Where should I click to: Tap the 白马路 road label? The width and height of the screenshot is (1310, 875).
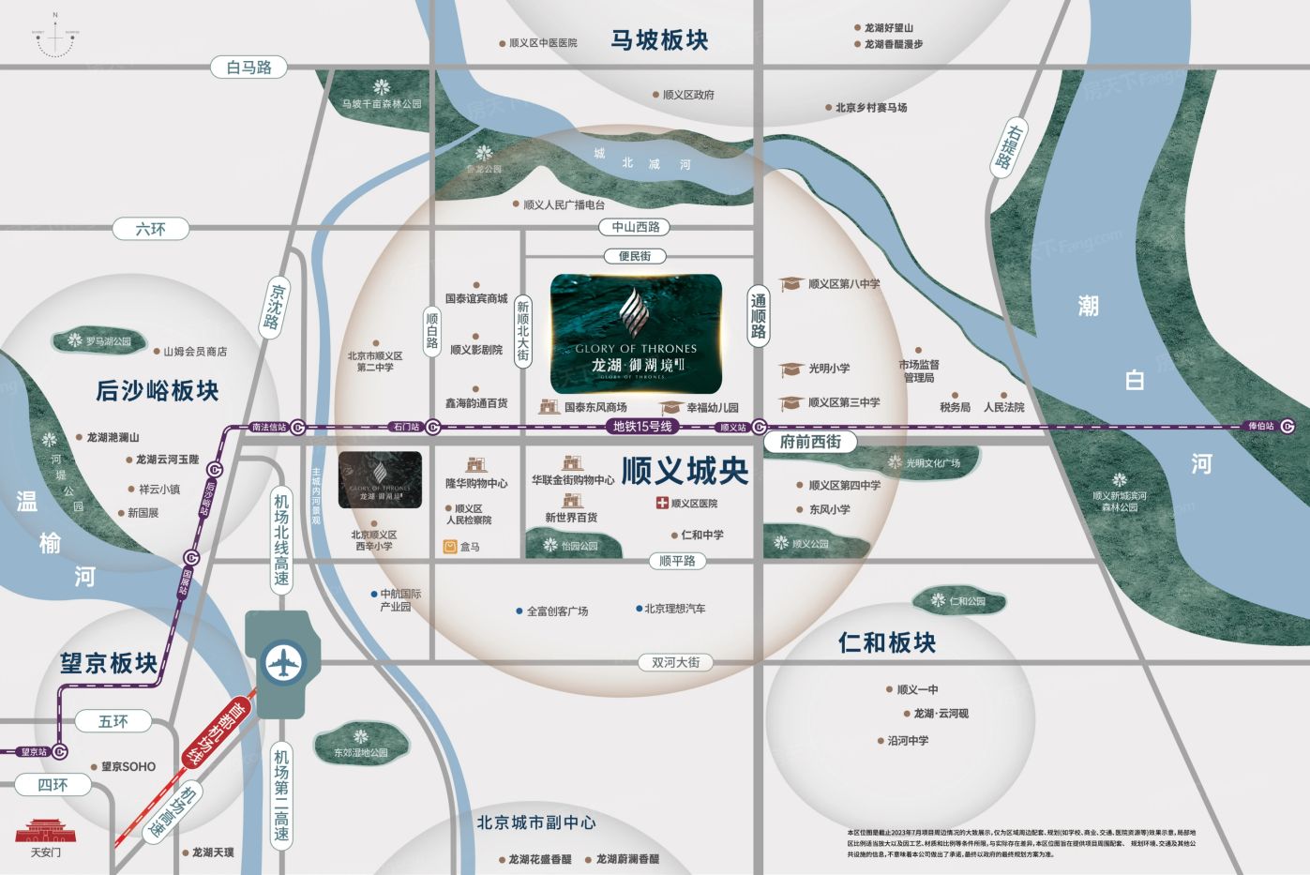coord(248,68)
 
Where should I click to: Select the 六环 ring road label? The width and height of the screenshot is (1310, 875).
coord(150,229)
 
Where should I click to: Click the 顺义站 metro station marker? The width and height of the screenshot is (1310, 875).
coord(759,428)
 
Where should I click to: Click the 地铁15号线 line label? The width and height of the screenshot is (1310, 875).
coord(642,427)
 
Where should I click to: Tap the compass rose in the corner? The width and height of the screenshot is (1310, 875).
coord(56,36)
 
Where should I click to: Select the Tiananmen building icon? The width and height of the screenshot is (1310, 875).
coord(45,831)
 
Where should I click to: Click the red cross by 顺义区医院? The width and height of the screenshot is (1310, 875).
coord(662,504)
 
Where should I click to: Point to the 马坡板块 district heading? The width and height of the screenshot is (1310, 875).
coord(659,40)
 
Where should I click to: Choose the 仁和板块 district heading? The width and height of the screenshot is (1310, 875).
coord(886,643)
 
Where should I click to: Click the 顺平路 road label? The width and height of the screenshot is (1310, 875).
coord(677,561)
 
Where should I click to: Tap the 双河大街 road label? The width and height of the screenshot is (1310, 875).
coord(675,662)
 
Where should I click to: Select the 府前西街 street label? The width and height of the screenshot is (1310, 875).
coord(810,442)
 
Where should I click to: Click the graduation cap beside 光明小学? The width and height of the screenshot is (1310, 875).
coord(791,370)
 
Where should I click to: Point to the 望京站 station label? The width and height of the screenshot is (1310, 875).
coord(34,752)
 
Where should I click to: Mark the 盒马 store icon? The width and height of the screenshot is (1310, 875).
coord(450,547)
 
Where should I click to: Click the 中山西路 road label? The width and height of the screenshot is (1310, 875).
coord(636,227)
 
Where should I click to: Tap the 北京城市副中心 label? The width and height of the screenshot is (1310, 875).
coord(535,822)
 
